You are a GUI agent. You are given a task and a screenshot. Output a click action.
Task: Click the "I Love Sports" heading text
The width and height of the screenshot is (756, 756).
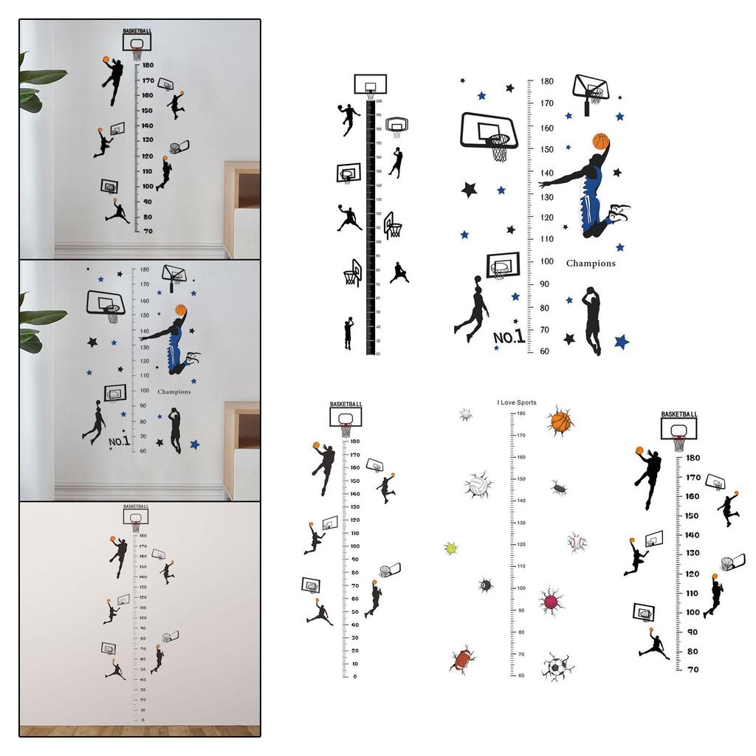[516, 402]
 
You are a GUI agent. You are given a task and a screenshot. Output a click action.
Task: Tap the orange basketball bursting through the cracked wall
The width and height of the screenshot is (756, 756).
[560, 422]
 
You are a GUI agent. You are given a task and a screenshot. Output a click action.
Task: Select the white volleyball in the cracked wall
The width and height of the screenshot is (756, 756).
[478, 485]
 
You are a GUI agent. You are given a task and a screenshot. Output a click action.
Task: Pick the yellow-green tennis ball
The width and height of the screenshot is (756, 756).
[450, 548]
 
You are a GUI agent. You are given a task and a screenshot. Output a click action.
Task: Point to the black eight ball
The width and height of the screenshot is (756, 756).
[486, 585]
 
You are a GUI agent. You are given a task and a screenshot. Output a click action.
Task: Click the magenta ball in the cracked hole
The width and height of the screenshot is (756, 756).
[551, 600]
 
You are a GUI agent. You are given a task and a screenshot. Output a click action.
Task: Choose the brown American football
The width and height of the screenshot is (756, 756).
[462, 659]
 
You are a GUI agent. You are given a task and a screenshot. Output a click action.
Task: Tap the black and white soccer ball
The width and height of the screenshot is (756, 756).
[555, 666]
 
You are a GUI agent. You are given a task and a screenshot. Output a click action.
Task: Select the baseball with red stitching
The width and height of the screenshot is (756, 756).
[577, 543]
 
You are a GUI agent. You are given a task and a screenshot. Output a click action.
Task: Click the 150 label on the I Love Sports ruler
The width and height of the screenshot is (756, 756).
[520, 478]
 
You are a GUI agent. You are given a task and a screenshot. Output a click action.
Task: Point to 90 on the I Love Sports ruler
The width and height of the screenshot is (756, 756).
[521, 610]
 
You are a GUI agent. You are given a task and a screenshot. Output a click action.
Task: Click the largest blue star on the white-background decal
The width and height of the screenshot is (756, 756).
[621, 341]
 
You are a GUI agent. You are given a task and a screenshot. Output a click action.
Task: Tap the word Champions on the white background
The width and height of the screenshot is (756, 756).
[591, 263]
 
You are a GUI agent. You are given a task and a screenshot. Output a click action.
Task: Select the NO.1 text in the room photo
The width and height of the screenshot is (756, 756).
[119, 441]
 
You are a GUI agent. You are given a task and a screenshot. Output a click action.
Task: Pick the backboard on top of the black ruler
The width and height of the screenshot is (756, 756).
[370, 85]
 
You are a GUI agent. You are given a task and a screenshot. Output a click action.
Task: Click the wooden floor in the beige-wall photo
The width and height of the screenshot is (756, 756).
[140, 730]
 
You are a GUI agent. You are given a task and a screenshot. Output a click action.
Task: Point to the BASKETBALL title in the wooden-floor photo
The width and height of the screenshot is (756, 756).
[135, 506]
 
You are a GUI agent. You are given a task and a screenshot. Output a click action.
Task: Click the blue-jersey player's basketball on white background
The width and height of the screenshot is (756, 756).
[600, 141]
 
